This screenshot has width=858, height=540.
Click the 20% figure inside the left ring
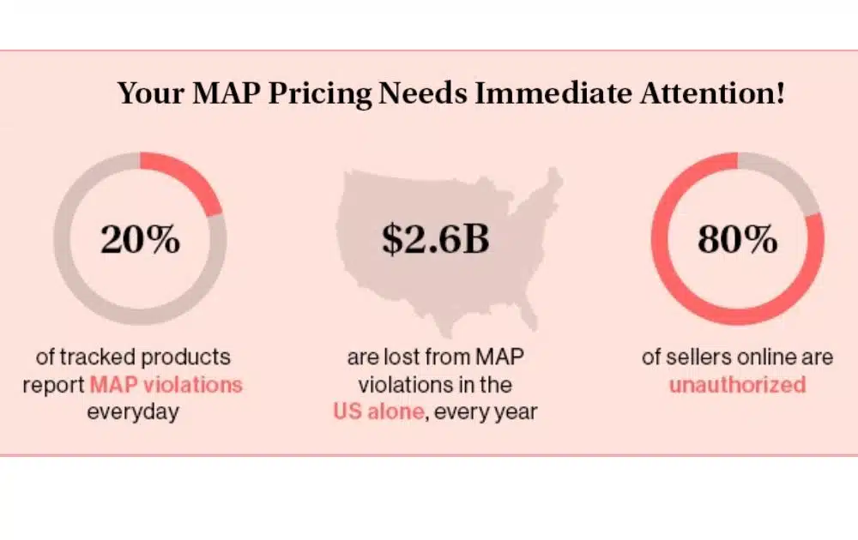pos(141,239)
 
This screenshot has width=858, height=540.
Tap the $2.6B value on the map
pos(436,239)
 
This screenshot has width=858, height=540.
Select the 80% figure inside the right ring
pos(737,239)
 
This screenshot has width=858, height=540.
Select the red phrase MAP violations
pos(166,383)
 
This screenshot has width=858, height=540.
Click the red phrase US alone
pos(378,411)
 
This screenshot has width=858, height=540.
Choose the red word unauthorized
pos(737,383)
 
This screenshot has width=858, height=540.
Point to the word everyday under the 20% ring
pos(133,411)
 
